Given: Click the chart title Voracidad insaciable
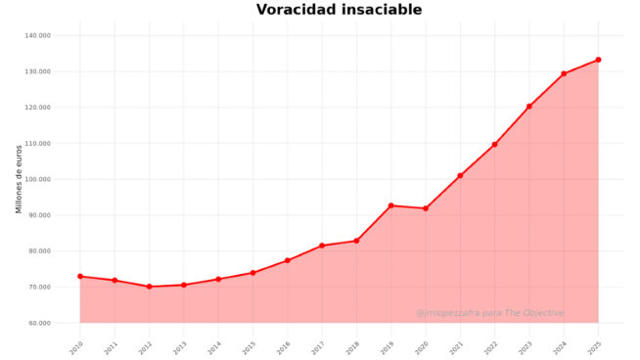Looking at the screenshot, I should [339, 10].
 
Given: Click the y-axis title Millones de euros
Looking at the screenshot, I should [19, 179].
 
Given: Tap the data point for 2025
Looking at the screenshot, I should [598, 60].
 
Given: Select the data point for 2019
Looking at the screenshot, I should [390, 205].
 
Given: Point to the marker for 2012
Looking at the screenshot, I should [149, 287].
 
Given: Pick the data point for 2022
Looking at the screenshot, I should [494, 144].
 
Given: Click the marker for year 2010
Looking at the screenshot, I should [80, 276].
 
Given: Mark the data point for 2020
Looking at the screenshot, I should [425, 208].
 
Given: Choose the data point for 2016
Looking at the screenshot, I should [287, 260].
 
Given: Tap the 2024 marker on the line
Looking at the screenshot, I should [564, 73].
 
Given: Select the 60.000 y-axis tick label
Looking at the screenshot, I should [39, 323].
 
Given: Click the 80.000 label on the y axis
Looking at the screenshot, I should [39, 251].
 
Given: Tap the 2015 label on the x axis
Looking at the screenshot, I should [250, 346].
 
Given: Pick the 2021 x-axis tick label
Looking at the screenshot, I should [457, 346].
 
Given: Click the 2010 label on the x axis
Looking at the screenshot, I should [76, 346].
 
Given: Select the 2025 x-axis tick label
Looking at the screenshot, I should [595, 346].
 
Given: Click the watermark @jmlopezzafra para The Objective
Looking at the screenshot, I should [489, 313].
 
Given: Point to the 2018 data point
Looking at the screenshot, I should [356, 241].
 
